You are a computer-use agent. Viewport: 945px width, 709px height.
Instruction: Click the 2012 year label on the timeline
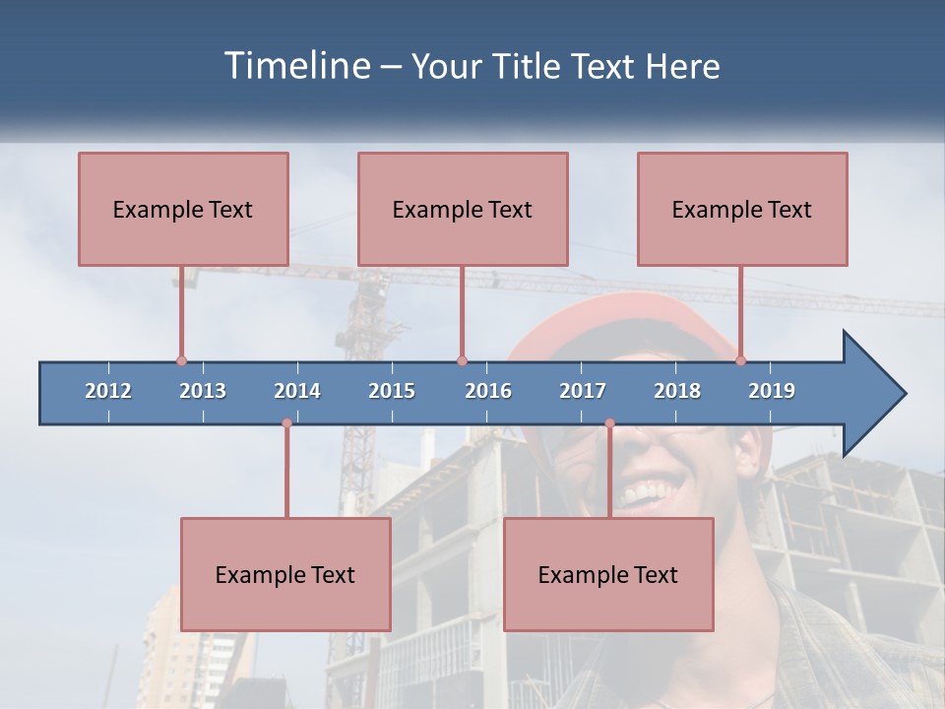[108, 391]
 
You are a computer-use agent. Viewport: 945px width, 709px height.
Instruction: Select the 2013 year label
[203, 391]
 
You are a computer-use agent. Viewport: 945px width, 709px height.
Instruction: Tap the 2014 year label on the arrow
[297, 391]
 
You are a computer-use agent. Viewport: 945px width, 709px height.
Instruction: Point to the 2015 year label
[392, 391]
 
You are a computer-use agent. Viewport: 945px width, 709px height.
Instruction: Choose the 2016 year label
[488, 391]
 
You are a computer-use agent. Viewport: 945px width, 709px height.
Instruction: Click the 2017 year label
[583, 391]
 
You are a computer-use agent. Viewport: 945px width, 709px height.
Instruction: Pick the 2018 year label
[677, 391]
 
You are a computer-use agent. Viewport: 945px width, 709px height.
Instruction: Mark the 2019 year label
[772, 391]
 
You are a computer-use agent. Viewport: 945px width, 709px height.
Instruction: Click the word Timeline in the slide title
[296, 65]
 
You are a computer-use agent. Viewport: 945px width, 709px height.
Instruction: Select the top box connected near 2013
[183, 209]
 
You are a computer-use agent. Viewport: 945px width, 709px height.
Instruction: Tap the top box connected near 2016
[463, 209]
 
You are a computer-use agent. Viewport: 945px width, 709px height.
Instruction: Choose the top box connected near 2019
[742, 209]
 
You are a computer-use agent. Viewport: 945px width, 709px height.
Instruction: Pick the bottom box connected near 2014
[285, 574]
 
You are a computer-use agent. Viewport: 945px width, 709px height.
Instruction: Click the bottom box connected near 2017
[608, 574]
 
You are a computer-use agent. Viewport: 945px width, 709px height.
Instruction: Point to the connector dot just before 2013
[181, 360]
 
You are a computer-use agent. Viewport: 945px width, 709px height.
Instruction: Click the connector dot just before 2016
[462, 360]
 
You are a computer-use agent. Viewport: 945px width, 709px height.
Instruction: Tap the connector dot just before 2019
[740, 360]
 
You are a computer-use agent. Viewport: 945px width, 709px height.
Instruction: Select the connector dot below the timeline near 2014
[286, 423]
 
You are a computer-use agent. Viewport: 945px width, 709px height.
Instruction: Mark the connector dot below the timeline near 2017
[609, 423]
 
